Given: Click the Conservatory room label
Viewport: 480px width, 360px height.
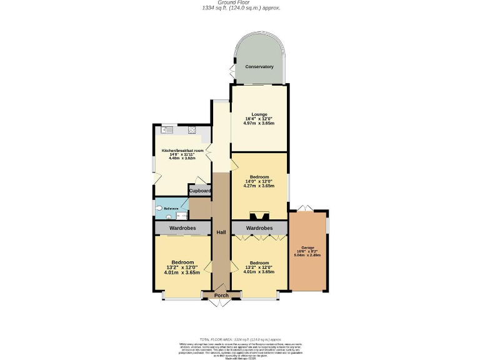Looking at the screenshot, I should [x=259, y=67].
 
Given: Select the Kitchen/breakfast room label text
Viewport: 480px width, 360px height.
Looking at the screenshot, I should [x=182, y=151].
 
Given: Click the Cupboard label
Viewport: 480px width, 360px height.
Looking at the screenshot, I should [x=200, y=191].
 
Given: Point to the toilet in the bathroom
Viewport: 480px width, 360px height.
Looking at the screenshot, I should [x=160, y=208].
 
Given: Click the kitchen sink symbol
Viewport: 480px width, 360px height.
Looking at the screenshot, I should [x=166, y=130].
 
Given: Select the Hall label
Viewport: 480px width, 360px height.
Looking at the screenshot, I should [x=221, y=232].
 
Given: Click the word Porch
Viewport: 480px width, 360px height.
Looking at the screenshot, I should [x=221, y=295].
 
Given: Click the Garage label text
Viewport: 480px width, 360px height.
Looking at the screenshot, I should [x=307, y=247].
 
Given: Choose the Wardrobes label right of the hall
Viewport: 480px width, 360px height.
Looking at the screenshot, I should [x=259, y=228].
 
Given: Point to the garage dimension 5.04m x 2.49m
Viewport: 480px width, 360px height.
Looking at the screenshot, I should [x=307, y=254].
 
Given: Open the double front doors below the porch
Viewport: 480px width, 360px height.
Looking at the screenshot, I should [x=221, y=304].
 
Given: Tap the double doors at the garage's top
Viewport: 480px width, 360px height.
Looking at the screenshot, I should [x=303, y=207].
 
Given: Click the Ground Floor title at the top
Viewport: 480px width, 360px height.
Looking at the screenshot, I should [x=240, y=2].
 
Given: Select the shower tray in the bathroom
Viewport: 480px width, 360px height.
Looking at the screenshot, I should [x=181, y=215].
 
